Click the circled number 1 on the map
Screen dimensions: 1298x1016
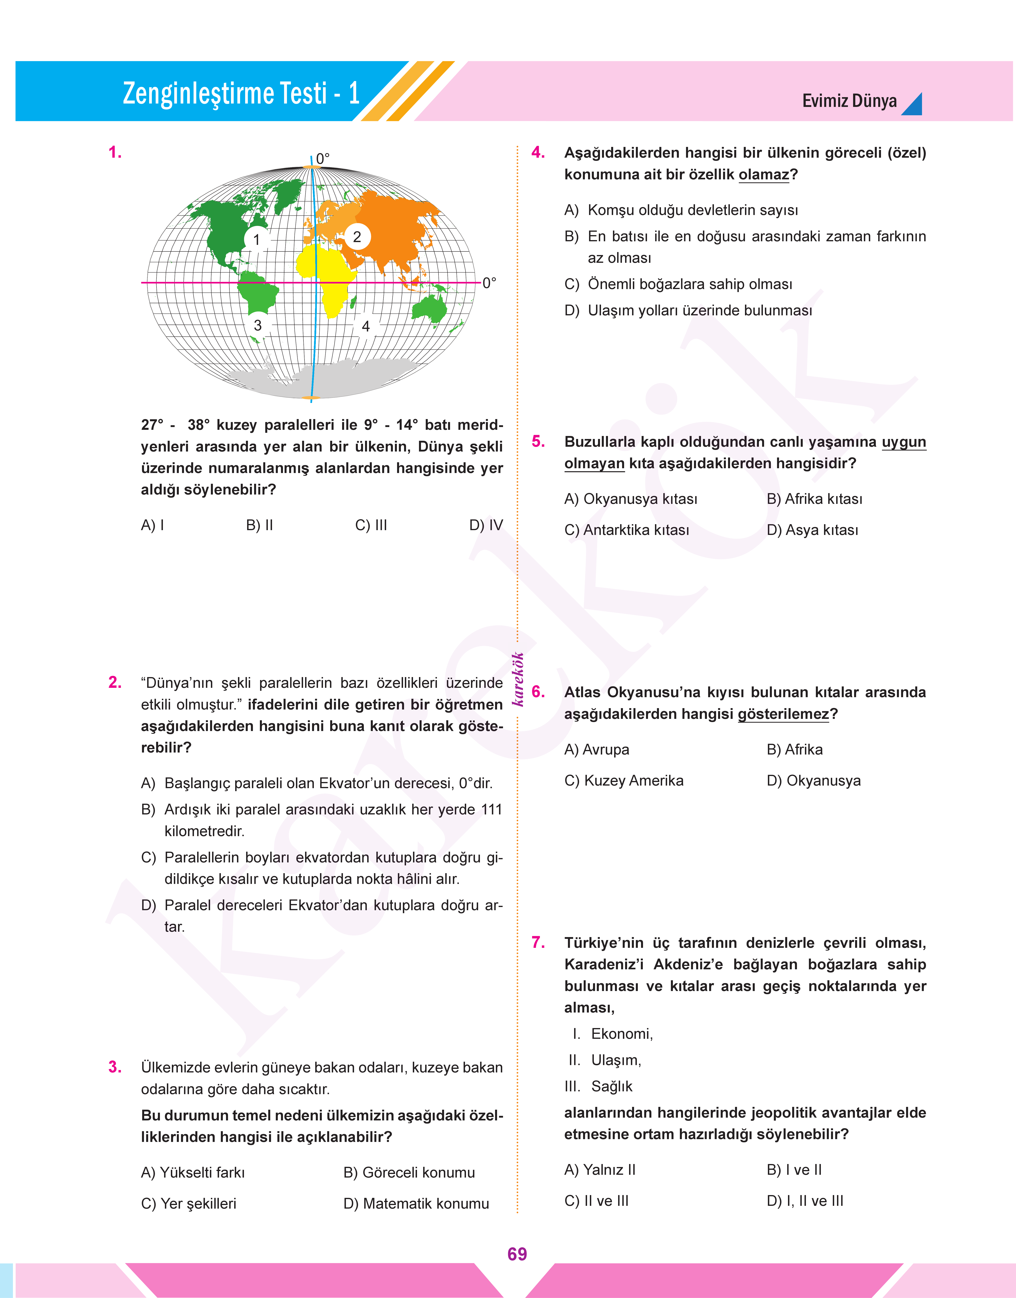point(256,240)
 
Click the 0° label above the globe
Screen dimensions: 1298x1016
point(322,159)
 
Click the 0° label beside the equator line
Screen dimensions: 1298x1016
point(489,283)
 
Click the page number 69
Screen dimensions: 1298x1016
point(517,1254)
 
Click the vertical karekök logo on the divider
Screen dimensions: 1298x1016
point(518,679)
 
